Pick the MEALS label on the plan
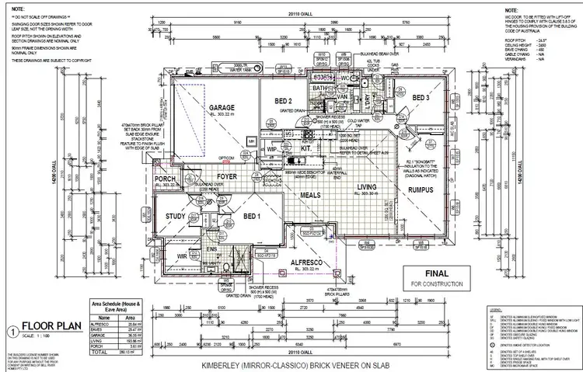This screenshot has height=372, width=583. pyautogui.click(x=311, y=195)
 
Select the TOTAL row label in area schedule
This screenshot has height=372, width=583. pyautogui.click(x=99, y=350)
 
